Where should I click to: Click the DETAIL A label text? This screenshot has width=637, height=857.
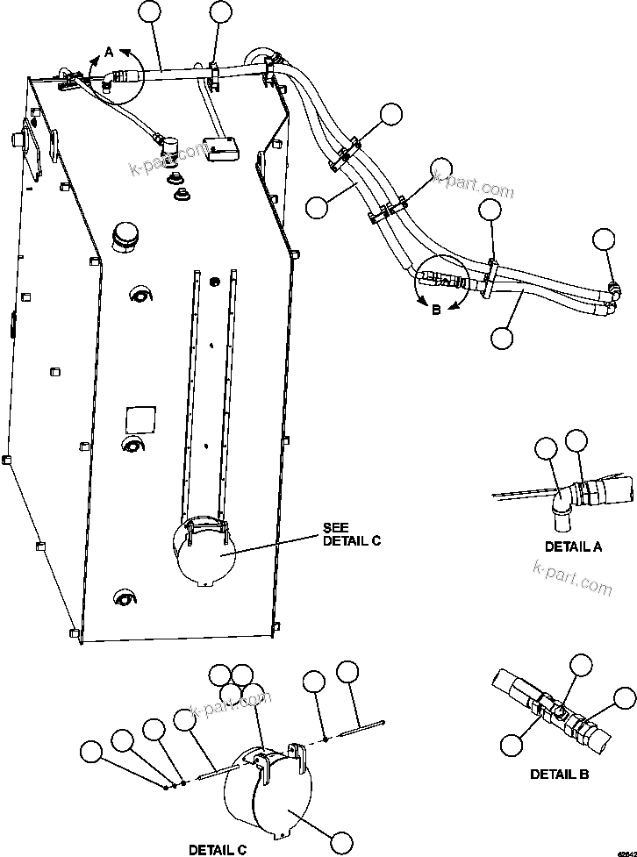tap(573, 546)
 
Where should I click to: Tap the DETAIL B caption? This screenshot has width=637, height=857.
tap(559, 774)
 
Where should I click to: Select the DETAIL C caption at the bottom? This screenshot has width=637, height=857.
tap(218, 849)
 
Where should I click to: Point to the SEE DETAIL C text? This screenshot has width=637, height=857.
tap(351, 534)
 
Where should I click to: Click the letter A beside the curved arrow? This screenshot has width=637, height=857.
tap(109, 53)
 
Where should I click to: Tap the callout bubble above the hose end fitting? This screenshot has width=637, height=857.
tap(604, 239)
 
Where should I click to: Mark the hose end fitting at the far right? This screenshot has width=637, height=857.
tap(612, 288)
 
